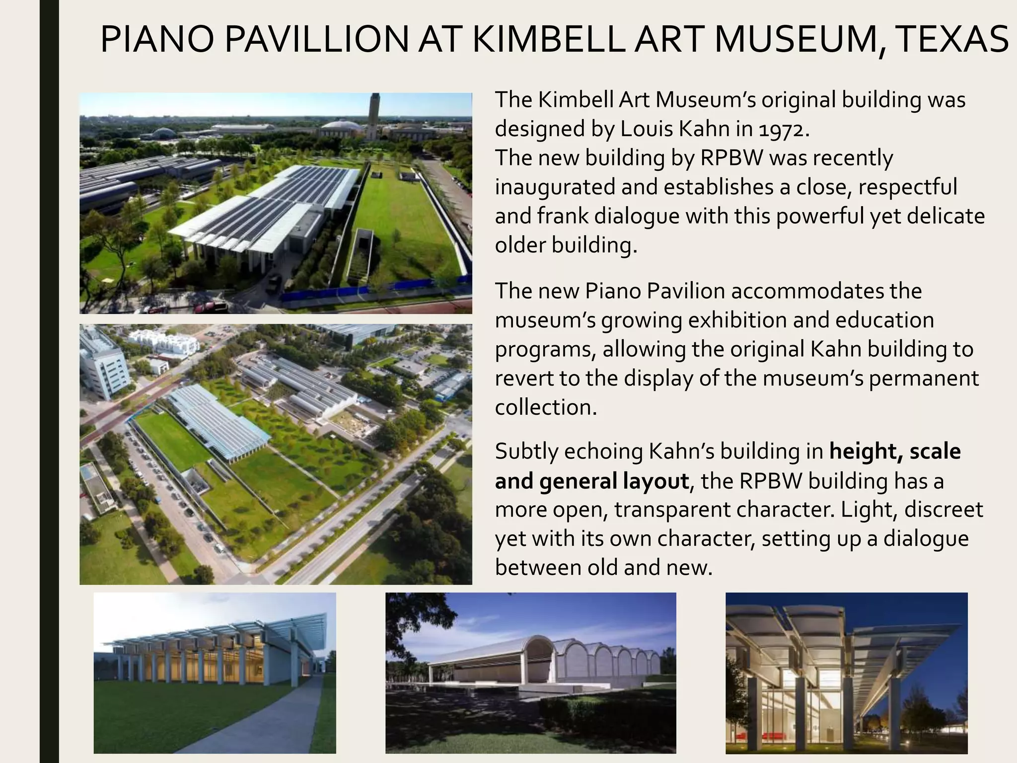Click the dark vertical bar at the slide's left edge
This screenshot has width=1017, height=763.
coord(49,381)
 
